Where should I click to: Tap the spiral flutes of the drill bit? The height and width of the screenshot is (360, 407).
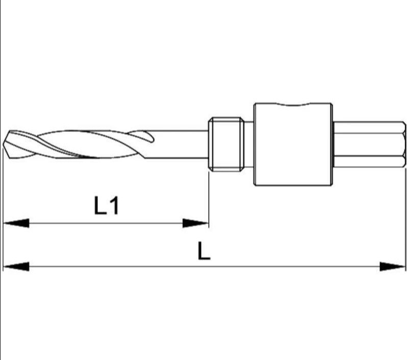point(77,143)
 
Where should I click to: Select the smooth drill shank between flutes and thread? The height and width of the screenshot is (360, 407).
point(179,143)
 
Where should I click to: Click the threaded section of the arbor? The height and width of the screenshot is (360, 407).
point(224,143)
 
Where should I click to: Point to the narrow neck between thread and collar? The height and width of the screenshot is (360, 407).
point(247,143)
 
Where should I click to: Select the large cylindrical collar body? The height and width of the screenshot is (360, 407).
point(293,145)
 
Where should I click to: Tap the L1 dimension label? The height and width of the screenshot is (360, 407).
point(107,206)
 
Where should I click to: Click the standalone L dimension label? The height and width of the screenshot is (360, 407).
point(204,251)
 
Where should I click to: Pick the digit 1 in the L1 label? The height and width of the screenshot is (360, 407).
point(114,206)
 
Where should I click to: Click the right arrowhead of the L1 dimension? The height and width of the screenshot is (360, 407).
point(196,223)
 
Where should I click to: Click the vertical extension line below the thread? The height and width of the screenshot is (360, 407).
point(209,199)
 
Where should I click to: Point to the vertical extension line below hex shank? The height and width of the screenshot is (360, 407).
point(406,214)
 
